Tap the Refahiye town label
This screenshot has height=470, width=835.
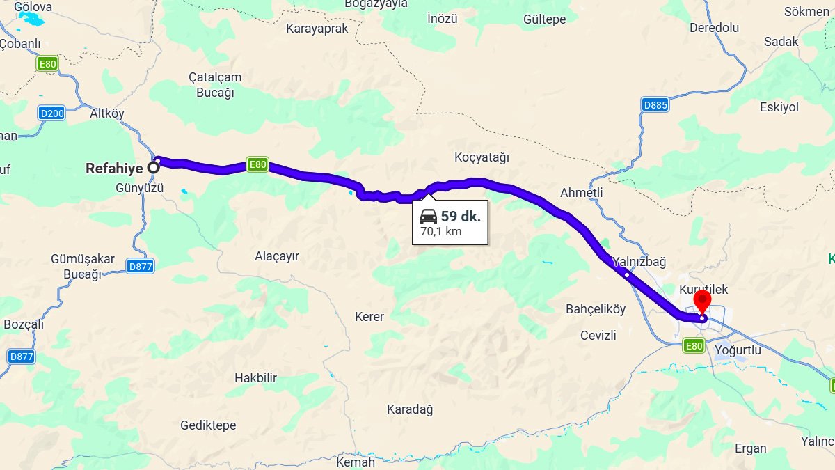(114, 168)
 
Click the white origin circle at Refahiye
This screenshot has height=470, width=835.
(153, 167)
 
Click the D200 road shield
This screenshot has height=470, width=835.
(52, 113)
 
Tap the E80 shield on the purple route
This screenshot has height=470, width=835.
(257, 165)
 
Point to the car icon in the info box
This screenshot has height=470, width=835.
(429, 216)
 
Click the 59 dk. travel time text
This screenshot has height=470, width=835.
(461, 216)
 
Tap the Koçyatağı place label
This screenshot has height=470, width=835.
(482, 157)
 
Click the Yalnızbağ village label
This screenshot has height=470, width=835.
(639, 262)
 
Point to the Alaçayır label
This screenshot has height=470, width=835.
(277, 256)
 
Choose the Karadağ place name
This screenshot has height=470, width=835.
(410, 409)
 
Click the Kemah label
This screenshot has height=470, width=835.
(355, 462)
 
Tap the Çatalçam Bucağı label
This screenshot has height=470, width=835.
(215, 85)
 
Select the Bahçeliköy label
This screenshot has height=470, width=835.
(596, 308)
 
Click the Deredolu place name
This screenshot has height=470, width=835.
(714, 28)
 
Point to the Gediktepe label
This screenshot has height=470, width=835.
(208, 425)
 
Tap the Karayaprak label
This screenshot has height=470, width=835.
(317, 29)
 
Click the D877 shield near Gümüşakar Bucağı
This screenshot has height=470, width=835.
(141, 266)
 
